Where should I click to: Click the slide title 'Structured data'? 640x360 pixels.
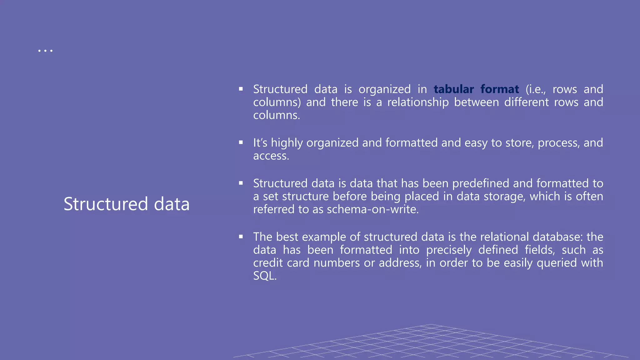tap(127, 204)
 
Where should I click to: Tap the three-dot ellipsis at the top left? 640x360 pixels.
tap(45, 50)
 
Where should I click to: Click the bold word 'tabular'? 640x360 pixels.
tap(454, 89)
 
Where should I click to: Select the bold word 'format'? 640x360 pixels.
tap(500, 89)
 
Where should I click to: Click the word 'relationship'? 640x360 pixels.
tap(418, 102)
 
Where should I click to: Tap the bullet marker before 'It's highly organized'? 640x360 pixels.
tap(241, 142)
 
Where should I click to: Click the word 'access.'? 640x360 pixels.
tap(271, 156)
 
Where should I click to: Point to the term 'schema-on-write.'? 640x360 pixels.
tap(373, 209)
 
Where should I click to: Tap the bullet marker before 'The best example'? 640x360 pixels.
tap(241, 237)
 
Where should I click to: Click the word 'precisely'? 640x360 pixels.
tap(449, 250)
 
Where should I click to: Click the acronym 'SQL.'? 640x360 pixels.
tap(265, 276)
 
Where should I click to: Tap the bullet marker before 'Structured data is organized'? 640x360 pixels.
tap(241, 89)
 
